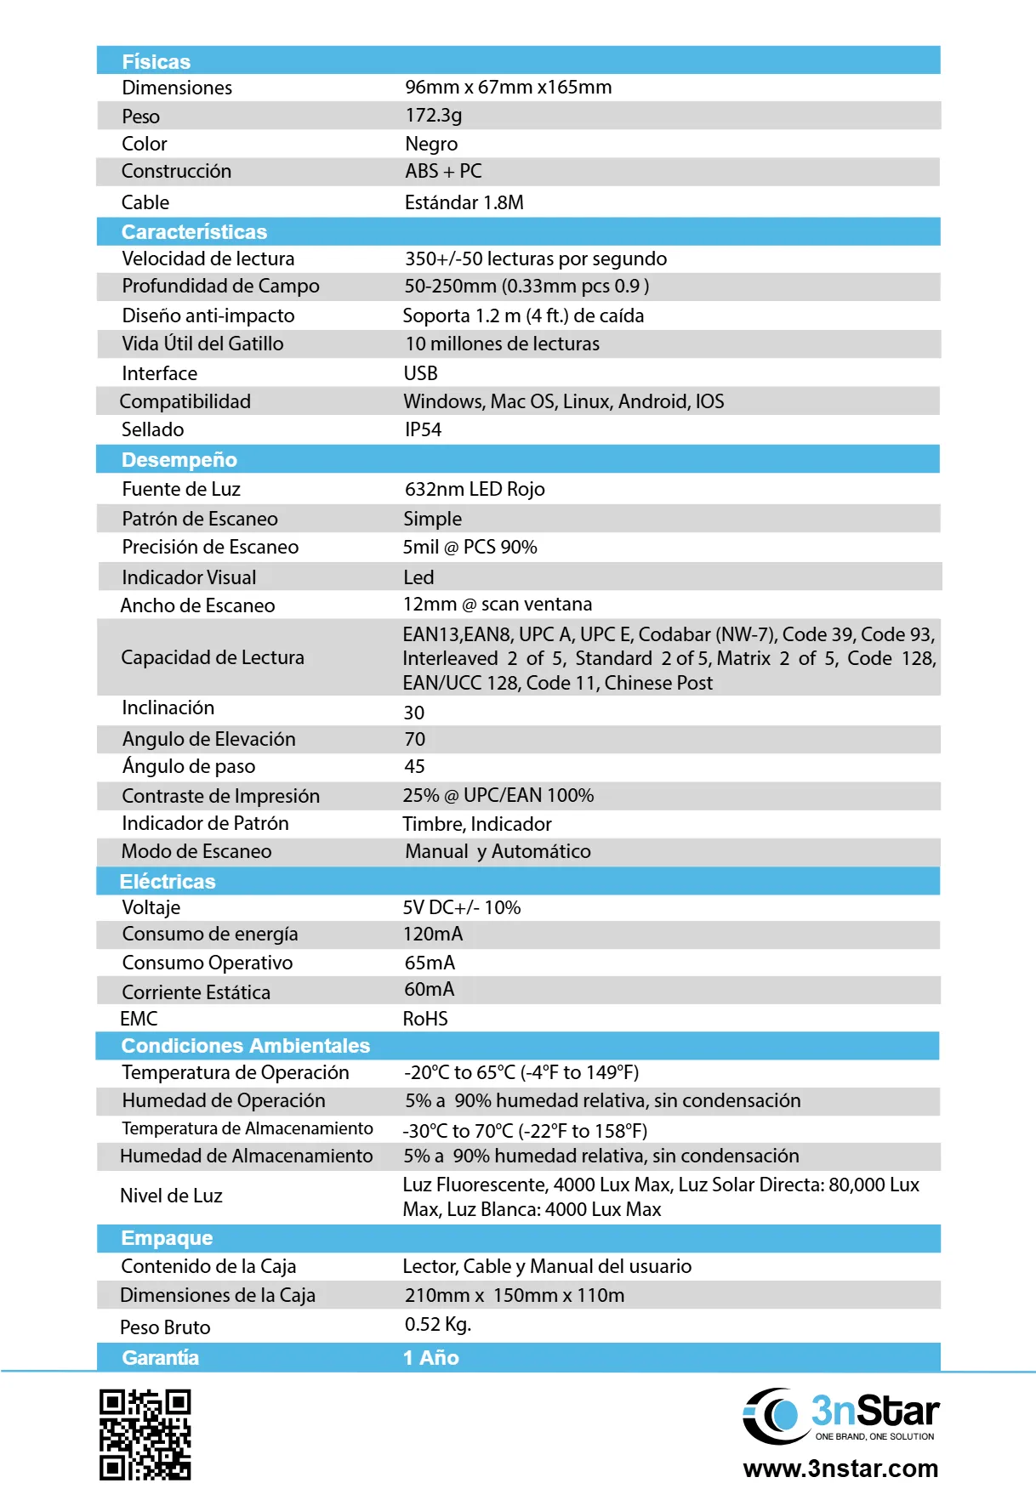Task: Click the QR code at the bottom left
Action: pyautogui.click(x=145, y=1435)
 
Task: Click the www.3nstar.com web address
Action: pyautogui.click(x=840, y=1469)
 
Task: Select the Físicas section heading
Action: pyautogui.click(x=157, y=61)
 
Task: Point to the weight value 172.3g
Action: pyautogui.click(x=433, y=115)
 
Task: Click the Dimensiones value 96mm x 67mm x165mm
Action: pyautogui.click(x=508, y=87)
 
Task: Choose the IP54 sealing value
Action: pyautogui.click(x=423, y=429)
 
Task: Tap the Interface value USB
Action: pyautogui.click(x=420, y=373)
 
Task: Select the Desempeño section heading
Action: pyautogui.click(x=179, y=459)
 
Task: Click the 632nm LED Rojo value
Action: pyautogui.click(x=475, y=489)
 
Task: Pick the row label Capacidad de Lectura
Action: pyautogui.click(x=213, y=657)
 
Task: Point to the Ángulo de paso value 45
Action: pyautogui.click(x=414, y=766)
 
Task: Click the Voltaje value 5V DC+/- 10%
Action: pyautogui.click(x=461, y=907)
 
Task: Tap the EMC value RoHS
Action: pyautogui.click(x=424, y=1019)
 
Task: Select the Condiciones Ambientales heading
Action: pyautogui.click(x=246, y=1045)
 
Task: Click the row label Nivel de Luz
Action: pyautogui.click(x=171, y=1196)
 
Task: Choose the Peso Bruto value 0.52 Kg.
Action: pyautogui.click(x=437, y=1324)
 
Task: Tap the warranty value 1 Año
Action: pyautogui.click(x=430, y=1357)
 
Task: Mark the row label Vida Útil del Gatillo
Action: pyautogui.click(x=202, y=344)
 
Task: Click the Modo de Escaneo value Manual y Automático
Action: pyautogui.click(x=498, y=851)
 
